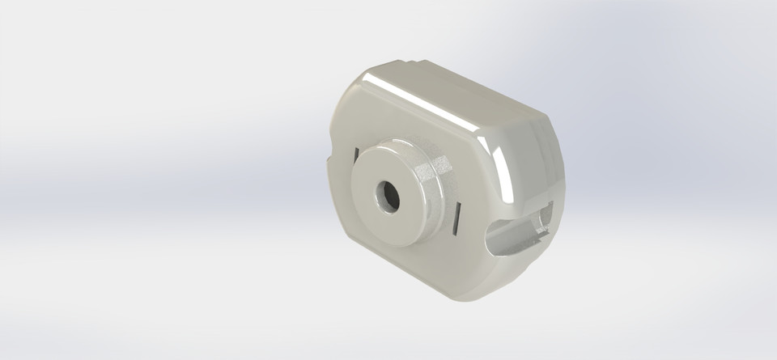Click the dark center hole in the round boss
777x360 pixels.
pyautogui.click(x=385, y=194)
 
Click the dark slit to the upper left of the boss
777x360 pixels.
pyautogui.click(x=355, y=152)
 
